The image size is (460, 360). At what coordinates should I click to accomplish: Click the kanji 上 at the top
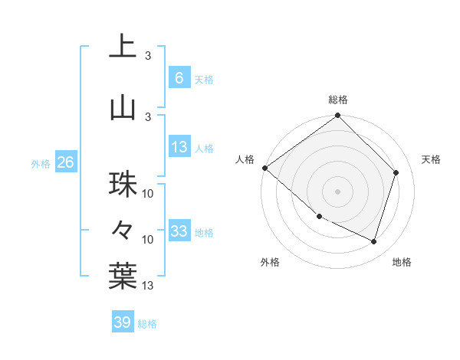(x=123, y=48)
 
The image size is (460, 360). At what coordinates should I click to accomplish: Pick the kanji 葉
(x=123, y=276)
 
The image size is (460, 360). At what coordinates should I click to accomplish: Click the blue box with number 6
(x=179, y=77)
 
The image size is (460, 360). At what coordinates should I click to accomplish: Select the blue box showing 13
(x=179, y=147)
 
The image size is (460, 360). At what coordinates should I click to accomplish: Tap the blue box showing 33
(x=179, y=231)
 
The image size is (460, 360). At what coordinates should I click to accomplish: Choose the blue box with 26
(x=65, y=162)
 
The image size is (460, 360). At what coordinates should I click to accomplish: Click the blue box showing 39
(x=123, y=322)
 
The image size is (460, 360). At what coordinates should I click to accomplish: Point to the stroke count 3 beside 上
(x=148, y=56)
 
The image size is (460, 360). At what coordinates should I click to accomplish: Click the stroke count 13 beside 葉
(x=148, y=286)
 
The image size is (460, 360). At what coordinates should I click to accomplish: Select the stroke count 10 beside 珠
(x=148, y=194)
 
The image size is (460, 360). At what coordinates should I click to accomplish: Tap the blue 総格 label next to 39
(x=147, y=324)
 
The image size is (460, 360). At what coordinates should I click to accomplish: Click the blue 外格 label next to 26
(x=41, y=163)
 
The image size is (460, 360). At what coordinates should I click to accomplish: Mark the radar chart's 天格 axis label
(x=431, y=159)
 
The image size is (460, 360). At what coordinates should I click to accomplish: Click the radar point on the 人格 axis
(x=264, y=168)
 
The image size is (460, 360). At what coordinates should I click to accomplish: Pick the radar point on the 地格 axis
(x=374, y=242)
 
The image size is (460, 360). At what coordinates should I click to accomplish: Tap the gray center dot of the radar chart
(x=337, y=191)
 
